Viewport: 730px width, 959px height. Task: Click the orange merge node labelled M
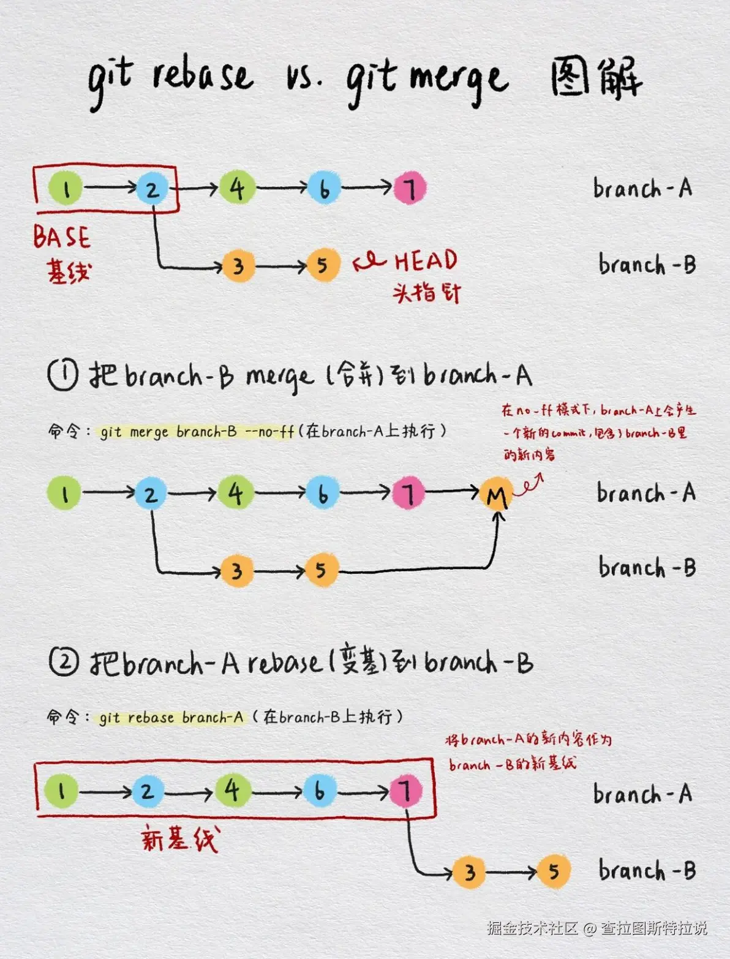pos(496,494)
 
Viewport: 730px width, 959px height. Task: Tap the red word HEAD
pos(426,261)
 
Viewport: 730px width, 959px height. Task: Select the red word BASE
pos(61,237)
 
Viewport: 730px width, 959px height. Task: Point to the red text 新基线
pos(179,838)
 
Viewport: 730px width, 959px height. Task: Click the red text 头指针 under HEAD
pos(426,293)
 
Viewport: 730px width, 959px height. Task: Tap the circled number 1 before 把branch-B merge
pos(62,375)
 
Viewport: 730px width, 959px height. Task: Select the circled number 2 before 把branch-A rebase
pos(64,662)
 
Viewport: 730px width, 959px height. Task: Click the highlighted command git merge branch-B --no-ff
pos(197,432)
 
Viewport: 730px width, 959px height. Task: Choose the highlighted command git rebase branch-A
pos(171,717)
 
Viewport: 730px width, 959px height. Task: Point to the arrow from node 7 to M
pos(452,491)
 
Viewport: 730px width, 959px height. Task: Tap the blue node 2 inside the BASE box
pos(152,188)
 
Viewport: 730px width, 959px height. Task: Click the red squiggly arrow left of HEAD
pos(369,263)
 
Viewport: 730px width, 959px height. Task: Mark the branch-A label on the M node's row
pos(646,493)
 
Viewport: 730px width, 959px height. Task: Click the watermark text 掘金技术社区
pos(532,928)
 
